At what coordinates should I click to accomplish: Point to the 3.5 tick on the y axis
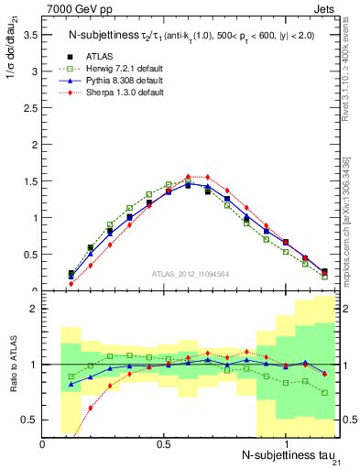(29, 34)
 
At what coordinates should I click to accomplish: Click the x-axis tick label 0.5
(164, 445)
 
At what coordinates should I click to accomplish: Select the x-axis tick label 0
(43, 445)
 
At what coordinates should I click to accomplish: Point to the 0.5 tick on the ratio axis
(29, 420)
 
